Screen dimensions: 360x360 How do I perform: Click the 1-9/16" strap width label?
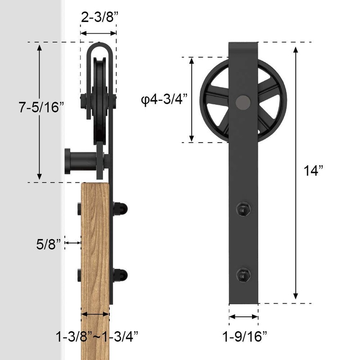pyautogui.click(x=245, y=336)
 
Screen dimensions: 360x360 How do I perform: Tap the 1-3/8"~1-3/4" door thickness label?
pyautogui.click(x=97, y=336)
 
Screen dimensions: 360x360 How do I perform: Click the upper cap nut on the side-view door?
pyautogui.click(x=121, y=208)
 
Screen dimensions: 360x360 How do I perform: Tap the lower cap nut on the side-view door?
pyautogui.click(x=121, y=274)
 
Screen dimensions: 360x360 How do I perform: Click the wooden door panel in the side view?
pyautogui.click(x=94, y=252)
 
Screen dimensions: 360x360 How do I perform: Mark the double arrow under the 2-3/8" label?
pyautogui.click(x=99, y=33)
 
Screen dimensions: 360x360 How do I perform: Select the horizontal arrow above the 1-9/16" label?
pyautogui.click(x=243, y=317)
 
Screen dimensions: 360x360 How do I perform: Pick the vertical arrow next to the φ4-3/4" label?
pyautogui.click(x=192, y=100)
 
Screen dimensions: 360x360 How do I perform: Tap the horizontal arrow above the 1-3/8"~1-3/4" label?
pyautogui.click(x=95, y=315)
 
